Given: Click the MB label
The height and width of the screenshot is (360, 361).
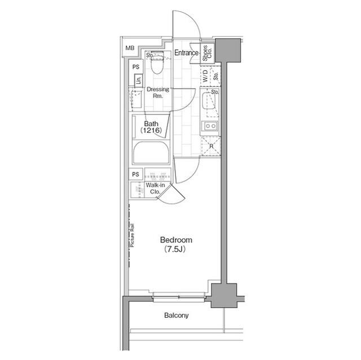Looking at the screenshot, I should point(130,49).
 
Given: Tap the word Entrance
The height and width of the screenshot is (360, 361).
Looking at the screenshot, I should point(186,53).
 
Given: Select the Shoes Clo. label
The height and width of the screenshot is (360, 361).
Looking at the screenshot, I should point(207,52).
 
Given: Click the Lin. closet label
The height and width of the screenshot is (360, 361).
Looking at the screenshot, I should point(138,81).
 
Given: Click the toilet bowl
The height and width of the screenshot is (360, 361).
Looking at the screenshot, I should point(157,66).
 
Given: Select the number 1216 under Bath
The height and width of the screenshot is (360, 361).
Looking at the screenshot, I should point(151,131).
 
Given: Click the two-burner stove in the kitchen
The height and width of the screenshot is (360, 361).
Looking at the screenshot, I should point(210,126).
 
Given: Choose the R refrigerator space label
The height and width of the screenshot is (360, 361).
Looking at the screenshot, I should point(211,146).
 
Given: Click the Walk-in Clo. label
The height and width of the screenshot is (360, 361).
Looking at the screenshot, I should point(155,188).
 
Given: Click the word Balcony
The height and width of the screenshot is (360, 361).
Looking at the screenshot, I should point(177,315).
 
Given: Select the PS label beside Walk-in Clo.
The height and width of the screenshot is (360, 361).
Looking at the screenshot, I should point(135,174).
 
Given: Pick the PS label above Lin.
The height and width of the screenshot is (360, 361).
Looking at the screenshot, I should point(135,67).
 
